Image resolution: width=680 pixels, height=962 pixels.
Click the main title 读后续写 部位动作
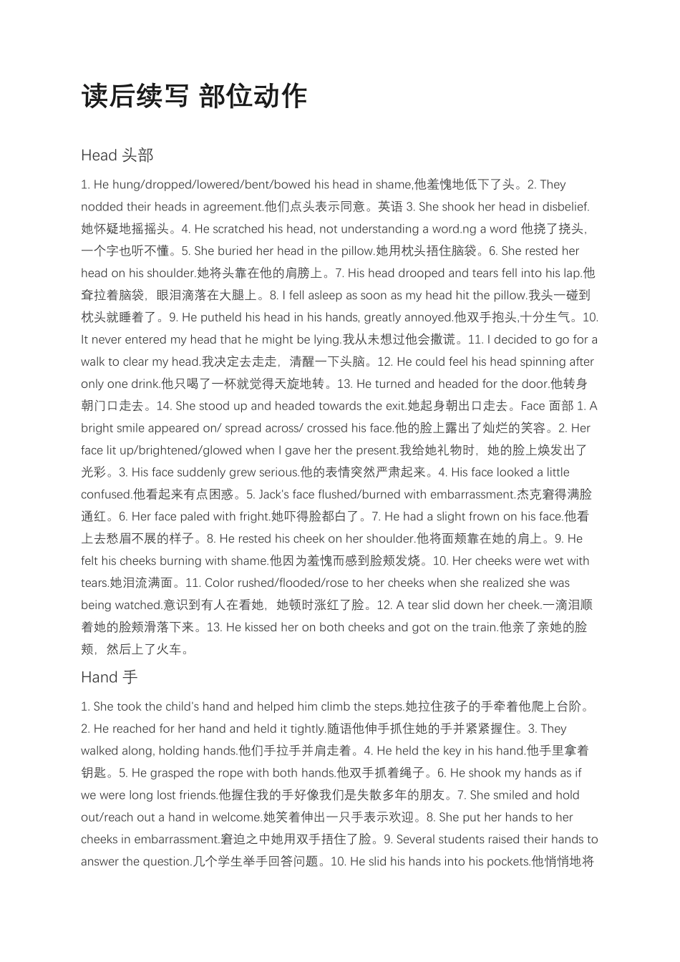click(194, 96)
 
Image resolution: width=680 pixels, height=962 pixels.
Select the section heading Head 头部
click(117, 155)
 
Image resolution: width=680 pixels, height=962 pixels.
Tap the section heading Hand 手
click(110, 676)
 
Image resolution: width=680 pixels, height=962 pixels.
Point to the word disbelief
click(565, 207)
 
